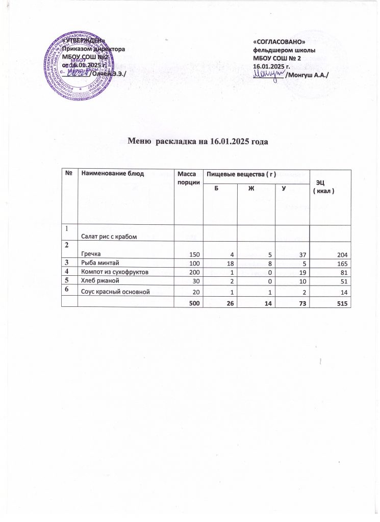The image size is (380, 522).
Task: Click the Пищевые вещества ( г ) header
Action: pos(240,174)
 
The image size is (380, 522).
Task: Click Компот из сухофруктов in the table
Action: pos(115,272)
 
